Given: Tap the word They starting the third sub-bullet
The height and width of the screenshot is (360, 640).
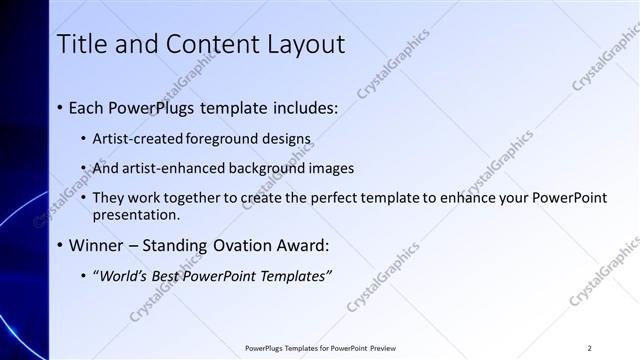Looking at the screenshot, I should tap(109, 197).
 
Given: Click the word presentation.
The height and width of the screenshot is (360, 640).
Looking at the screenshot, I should tap(137, 214).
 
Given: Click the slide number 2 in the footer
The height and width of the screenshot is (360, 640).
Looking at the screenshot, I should tap(590, 348).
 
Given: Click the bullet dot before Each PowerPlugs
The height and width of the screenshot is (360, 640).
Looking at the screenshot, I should tap(61, 107).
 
